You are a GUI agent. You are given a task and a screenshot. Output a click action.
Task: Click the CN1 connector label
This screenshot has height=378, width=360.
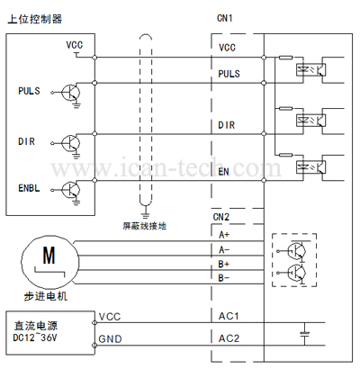click(224, 18)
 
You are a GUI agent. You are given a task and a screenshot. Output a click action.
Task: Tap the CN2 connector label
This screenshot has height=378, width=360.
click(221, 217)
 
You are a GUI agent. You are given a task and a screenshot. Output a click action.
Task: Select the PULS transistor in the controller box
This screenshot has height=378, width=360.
click(71, 93)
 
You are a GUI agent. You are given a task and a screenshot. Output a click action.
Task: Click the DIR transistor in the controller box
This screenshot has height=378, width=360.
click(71, 143)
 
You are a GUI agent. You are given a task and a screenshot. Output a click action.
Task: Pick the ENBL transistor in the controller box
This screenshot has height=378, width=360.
click(71, 190)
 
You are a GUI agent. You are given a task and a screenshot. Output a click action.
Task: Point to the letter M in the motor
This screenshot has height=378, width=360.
click(49, 256)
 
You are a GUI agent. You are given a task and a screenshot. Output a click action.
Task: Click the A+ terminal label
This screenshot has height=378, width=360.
click(224, 235)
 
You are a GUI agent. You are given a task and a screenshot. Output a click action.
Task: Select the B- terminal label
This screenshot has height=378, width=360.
click(224, 278)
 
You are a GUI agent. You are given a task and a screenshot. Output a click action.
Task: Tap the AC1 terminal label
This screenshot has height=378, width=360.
click(229, 316)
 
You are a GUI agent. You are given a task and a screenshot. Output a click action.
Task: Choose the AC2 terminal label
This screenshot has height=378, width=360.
click(229, 338)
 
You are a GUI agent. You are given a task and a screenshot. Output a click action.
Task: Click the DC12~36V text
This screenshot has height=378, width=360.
click(35, 337)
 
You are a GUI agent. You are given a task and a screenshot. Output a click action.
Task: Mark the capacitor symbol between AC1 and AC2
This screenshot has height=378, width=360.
click(305, 334)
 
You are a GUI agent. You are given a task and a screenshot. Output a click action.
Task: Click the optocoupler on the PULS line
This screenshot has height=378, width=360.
click(311, 70)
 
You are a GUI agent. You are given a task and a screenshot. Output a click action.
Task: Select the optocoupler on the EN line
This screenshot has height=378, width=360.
click(311, 167)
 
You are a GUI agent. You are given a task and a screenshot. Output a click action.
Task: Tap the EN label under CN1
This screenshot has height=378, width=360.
click(223, 172)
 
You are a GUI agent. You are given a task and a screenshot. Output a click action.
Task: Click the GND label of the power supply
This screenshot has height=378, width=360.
click(110, 339)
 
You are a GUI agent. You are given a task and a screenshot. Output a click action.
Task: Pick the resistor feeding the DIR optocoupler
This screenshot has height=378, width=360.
click(285, 108)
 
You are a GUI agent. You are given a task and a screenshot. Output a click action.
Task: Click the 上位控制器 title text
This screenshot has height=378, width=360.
click(34, 19)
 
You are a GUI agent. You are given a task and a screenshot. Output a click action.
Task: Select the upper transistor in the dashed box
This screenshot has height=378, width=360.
click(296, 251)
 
